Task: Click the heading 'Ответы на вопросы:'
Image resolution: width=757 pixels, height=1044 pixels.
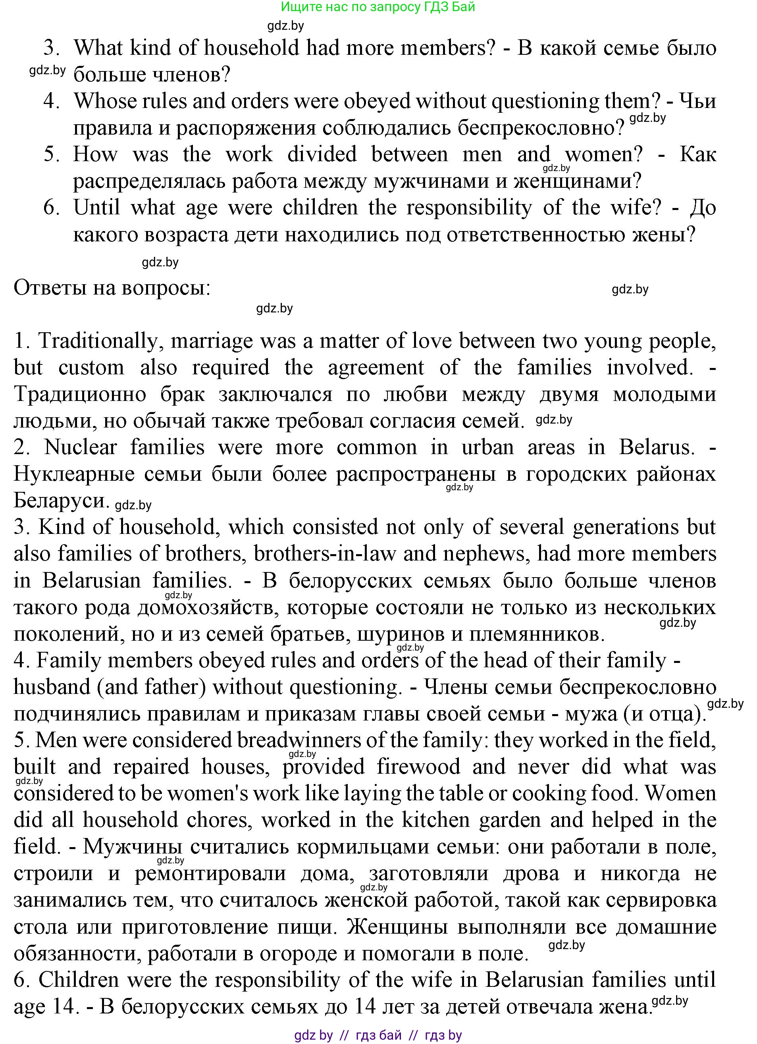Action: (112, 288)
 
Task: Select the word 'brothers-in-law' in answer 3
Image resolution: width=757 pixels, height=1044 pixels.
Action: (324, 554)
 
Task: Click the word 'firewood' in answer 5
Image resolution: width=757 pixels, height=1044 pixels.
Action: (418, 767)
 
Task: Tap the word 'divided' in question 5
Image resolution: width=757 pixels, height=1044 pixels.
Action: (322, 154)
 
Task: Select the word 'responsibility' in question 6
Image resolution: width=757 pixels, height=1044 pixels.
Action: (469, 208)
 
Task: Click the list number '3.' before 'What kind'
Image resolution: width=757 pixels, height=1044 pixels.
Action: (52, 48)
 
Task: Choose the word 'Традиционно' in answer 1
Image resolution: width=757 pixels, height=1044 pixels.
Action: (80, 395)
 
